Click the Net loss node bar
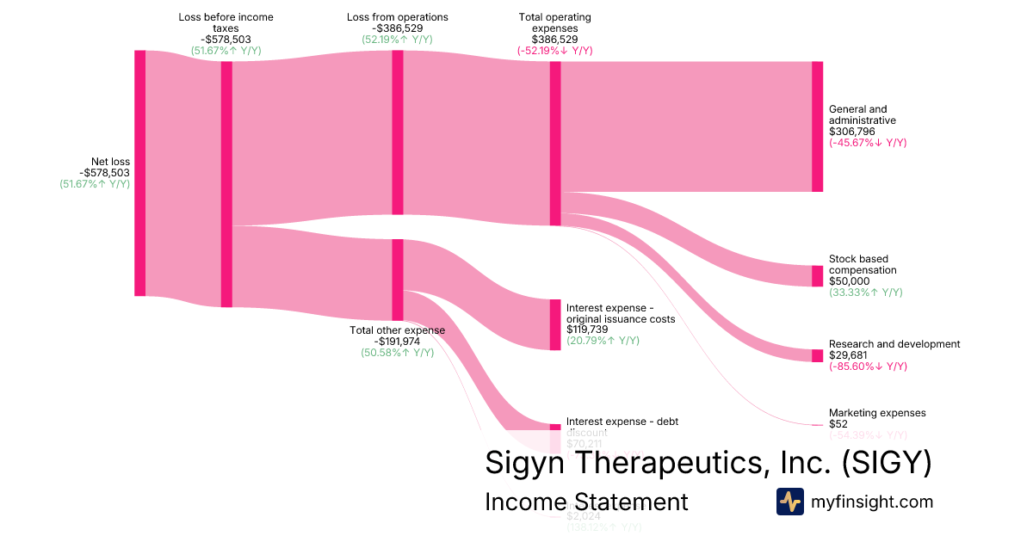pos(139,173)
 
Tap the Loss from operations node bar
pos(397,132)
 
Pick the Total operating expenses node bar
pos(555,144)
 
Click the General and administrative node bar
pos(817,126)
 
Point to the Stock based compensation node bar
pos(817,276)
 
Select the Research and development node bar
pos(817,356)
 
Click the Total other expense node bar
pos(397,280)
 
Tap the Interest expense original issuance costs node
pos(555,324)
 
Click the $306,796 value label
pos(851,132)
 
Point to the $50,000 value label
pos(850,281)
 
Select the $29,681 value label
pos(849,355)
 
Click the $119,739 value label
pos(589,330)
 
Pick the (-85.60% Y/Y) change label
pos(868,366)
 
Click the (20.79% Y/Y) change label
pos(603,341)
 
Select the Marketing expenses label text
pos(877,413)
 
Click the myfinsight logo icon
pos(789,502)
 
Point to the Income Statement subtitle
pos(586,502)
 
